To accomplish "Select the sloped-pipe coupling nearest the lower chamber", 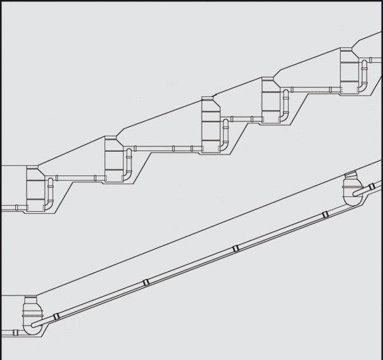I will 57,316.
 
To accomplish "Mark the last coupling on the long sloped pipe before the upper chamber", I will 325,214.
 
